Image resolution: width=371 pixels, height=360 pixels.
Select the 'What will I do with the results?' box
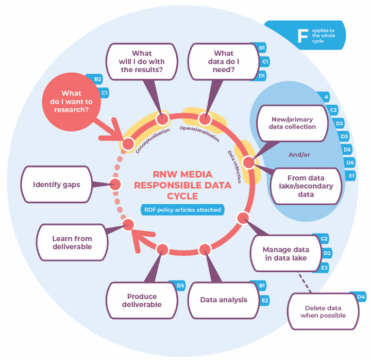(x=142, y=61)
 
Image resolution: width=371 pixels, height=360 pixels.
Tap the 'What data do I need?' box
(x=223, y=61)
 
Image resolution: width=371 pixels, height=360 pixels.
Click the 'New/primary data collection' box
(x=293, y=123)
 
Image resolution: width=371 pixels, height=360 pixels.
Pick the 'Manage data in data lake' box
(x=285, y=253)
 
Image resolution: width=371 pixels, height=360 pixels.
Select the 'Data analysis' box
(x=224, y=300)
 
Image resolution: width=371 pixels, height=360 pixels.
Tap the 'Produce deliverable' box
(x=142, y=300)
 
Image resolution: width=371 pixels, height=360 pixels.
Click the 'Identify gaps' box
(x=56, y=184)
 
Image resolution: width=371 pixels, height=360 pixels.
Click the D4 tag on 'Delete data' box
(x=361, y=297)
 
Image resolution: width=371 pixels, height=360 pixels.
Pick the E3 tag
(x=324, y=268)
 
